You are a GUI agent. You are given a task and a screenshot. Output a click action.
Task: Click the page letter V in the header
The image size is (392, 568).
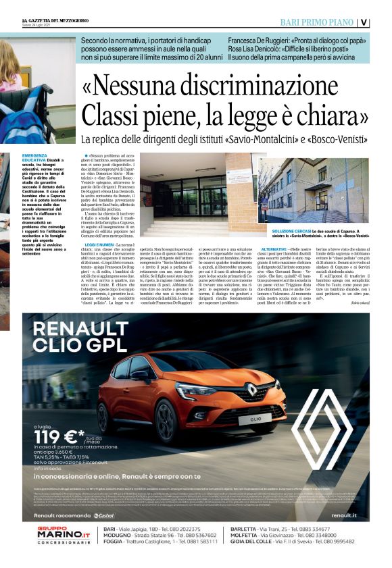click(x=383, y=22)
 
